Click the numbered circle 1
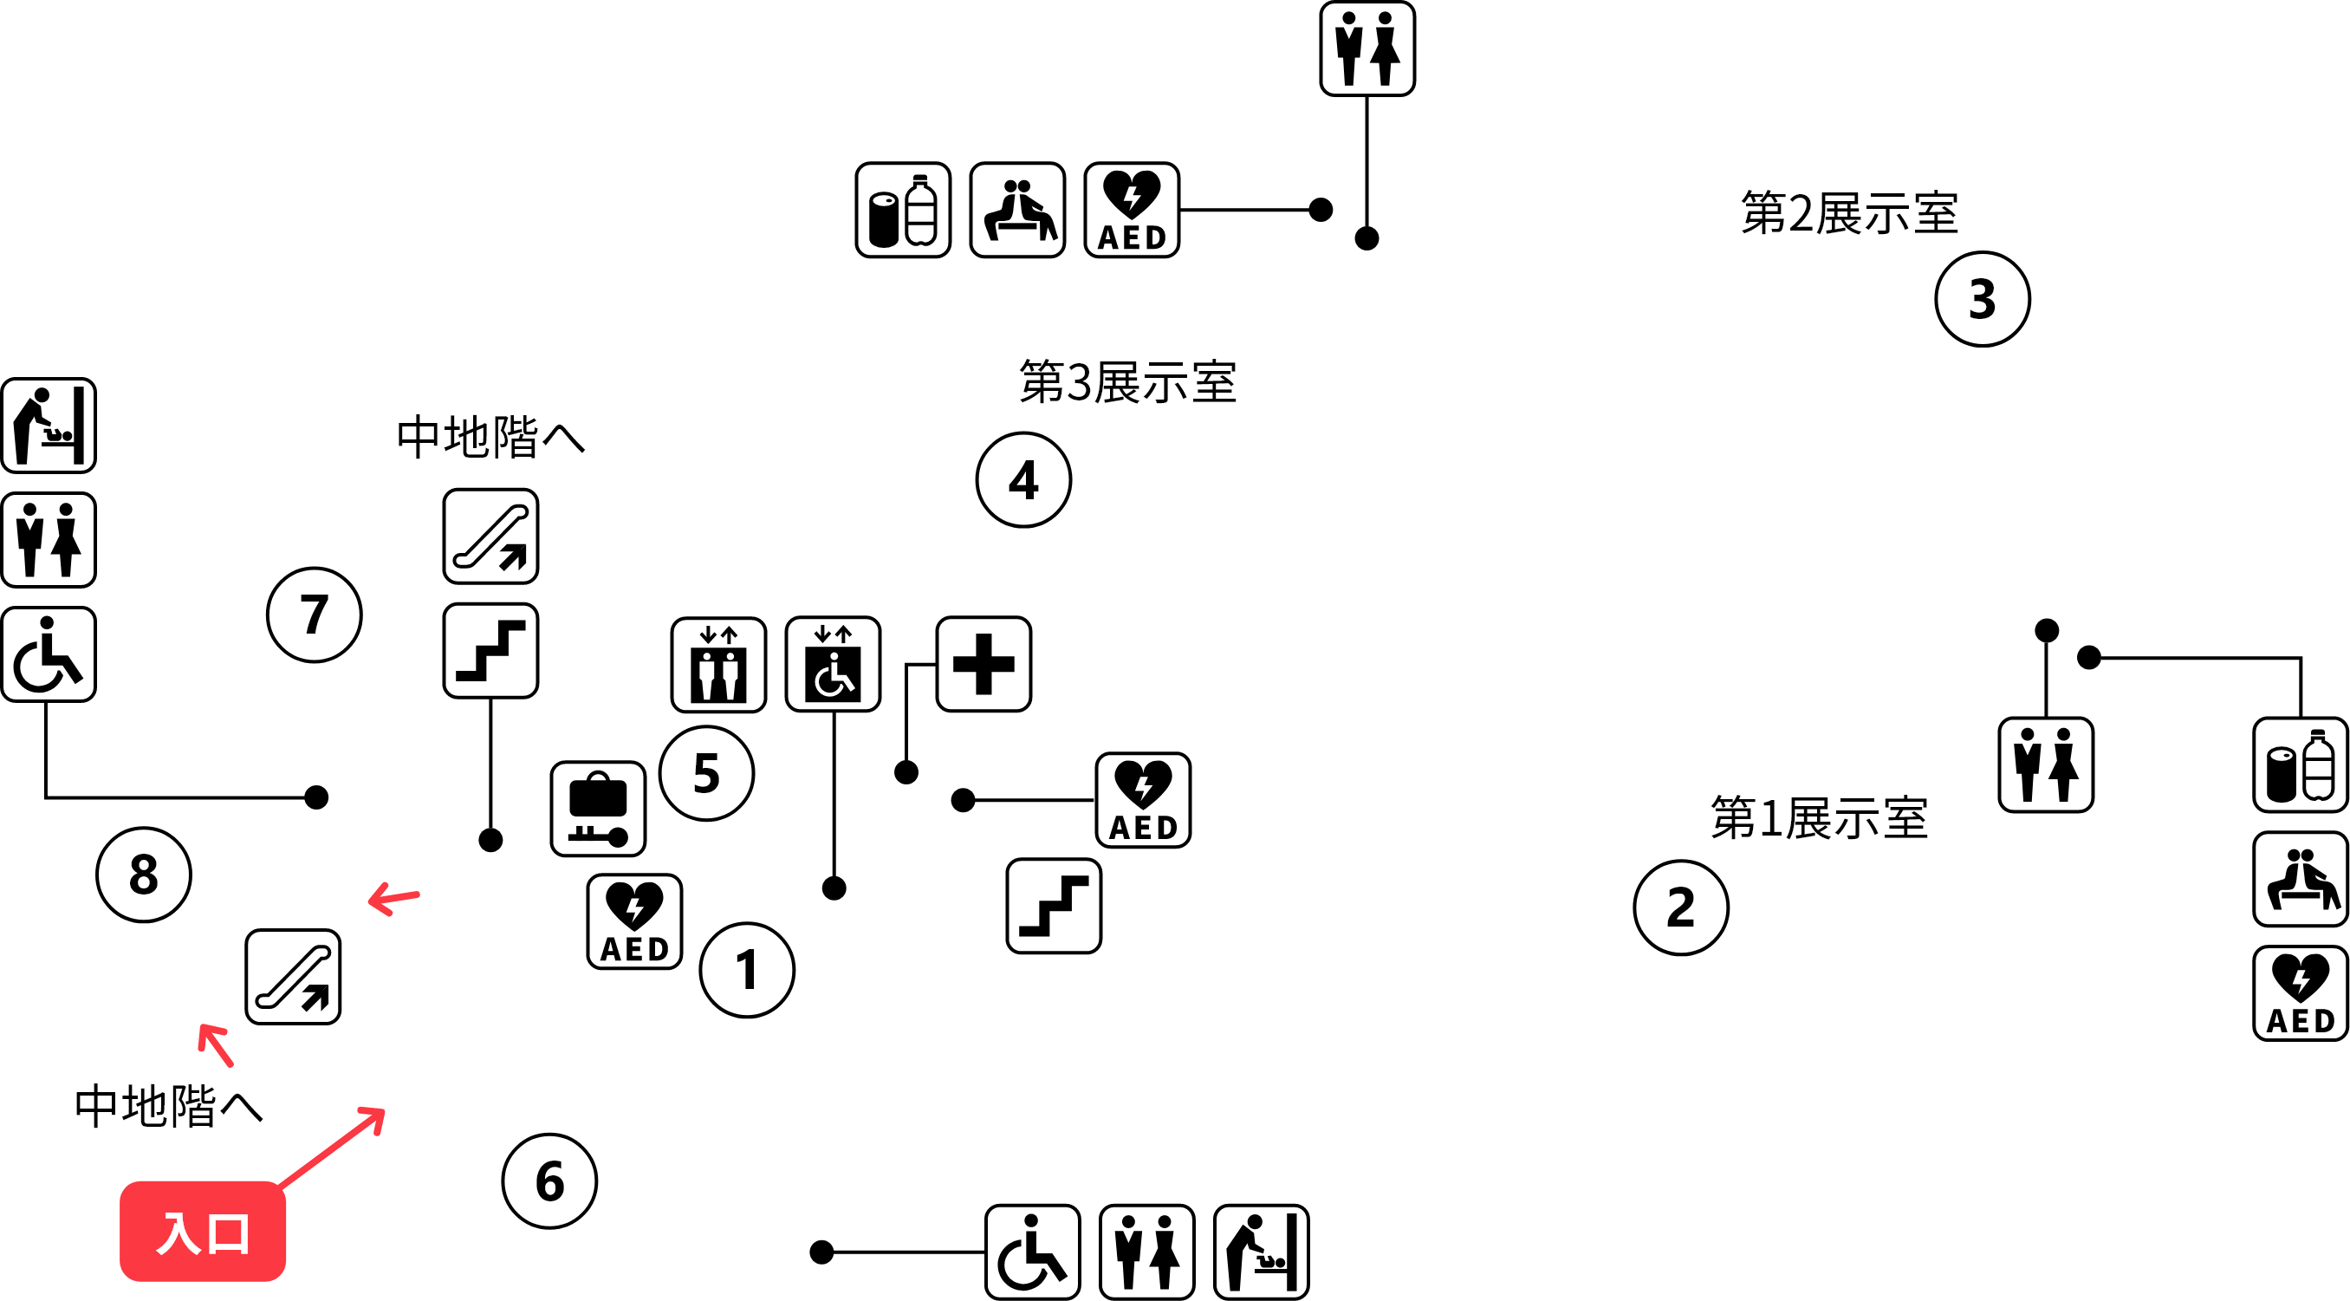[746, 970]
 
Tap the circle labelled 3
[1983, 299]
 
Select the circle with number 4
[1023, 480]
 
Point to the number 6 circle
[549, 1181]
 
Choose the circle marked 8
[143, 874]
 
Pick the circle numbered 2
[1680, 907]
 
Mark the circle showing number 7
[314, 614]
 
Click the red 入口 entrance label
[203, 1232]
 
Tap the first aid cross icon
[983, 664]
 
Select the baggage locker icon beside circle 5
[598, 809]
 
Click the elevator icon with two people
[718, 664]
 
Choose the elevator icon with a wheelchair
[833, 664]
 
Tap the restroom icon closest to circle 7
[49, 540]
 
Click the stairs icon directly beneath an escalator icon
[490, 650]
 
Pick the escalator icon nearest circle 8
[293, 976]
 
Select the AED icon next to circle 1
[634, 921]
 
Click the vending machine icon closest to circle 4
[902, 210]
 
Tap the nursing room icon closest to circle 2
[2300, 879]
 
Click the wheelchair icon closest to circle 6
[1032, 1252]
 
